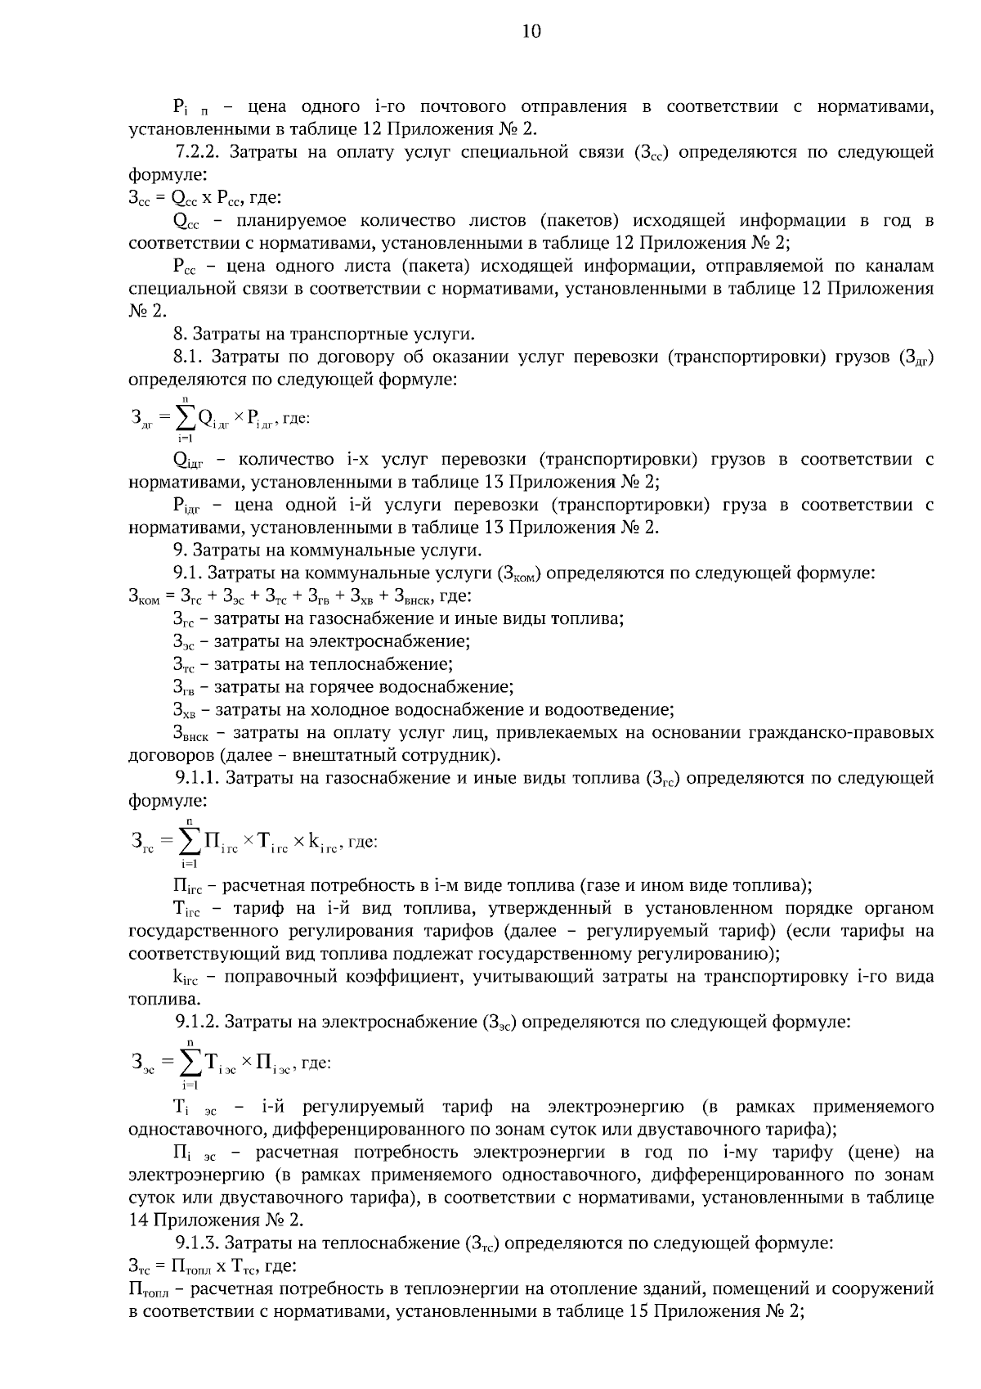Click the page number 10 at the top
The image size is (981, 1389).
click(531, 32)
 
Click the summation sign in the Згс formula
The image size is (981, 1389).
click(189, 841)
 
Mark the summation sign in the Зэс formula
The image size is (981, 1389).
click(190, 1063)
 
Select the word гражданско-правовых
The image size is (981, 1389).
click(841, 732)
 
